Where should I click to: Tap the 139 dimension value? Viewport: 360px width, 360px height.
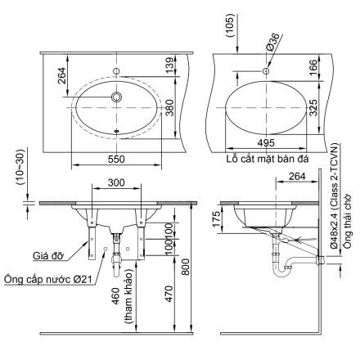(169, 65)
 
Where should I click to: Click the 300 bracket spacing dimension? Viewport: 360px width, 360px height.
(117, 184)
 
